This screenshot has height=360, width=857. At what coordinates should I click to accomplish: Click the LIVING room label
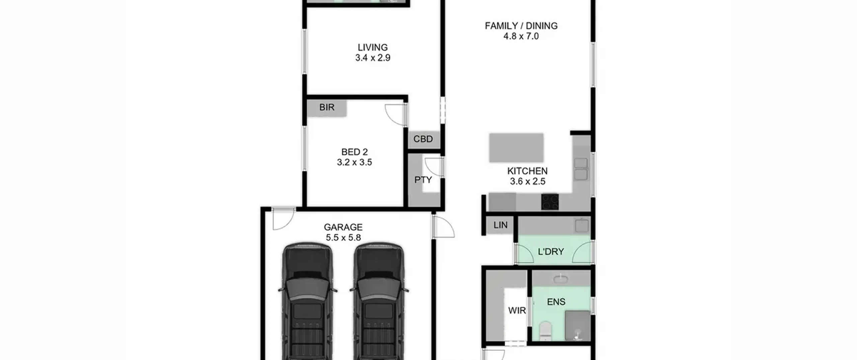point(373,47)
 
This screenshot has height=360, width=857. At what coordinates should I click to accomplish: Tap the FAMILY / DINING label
point(521,26)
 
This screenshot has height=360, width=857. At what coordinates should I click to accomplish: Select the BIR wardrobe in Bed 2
point(327,108)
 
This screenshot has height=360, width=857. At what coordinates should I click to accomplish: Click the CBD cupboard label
point(423,139)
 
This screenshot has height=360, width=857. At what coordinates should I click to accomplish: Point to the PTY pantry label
point(423,180)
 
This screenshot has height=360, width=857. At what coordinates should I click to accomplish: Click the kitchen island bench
point(516,148)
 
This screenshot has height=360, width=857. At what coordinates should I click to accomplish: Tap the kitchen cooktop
point(550,202)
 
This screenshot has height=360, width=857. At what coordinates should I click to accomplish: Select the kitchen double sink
point(581,169)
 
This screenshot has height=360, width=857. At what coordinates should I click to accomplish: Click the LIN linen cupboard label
point(500,225)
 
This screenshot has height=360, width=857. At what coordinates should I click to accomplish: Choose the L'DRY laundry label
point(551,251)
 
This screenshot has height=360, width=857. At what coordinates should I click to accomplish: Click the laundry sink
point(582,225)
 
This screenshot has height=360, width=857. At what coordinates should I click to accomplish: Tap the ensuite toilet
point(545,331)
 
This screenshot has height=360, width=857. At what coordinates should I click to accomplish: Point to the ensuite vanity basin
point(560,278)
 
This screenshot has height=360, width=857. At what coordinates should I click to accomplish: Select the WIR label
point(517,310)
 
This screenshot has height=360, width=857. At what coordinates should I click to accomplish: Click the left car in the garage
point(308,301)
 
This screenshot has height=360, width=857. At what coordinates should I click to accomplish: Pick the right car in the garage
point(379,301)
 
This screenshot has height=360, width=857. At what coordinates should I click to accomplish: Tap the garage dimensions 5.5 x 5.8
point(343,238)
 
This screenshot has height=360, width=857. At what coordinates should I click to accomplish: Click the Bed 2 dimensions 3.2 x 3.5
point(354,162)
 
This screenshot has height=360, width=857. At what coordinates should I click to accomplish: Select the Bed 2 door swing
point(395,115)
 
